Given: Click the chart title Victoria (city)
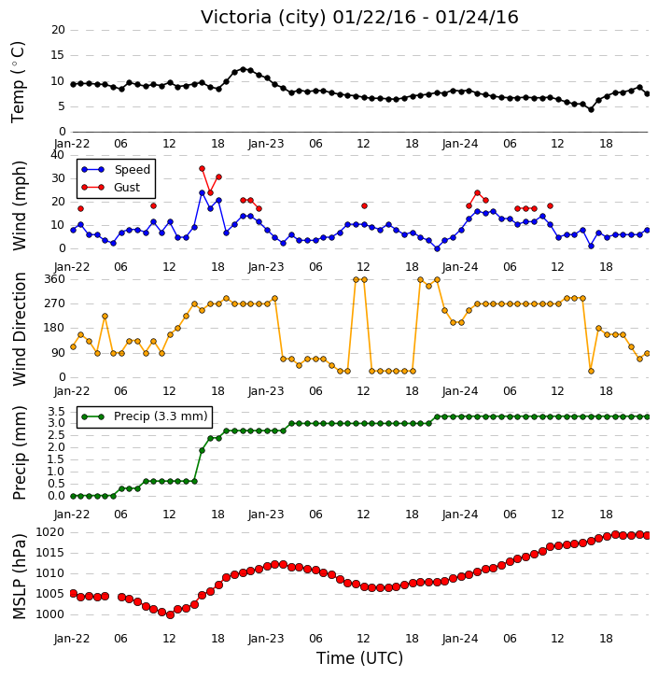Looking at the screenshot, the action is click(x=263, y=18).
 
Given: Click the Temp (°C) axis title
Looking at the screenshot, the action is click(x=18, y=82).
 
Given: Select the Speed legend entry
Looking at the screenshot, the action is click(x=116, y=170).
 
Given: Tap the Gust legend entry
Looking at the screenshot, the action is click(x=111, y=188).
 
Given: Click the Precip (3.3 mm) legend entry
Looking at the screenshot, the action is click(x=145, y=416).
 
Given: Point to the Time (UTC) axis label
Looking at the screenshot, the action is click(x=359, y=658).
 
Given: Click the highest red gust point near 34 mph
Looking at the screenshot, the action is click(x=202, y=169).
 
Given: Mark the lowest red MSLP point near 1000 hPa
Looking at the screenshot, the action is click(x=170, y=614).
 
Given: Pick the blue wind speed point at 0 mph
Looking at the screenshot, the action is click(x=437, y=248).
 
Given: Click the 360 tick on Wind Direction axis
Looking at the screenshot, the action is click(x=55, y=279).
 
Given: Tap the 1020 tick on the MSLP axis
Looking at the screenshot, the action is click(x=49, y=532).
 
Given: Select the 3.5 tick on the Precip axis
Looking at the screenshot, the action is click(x=57, y=411).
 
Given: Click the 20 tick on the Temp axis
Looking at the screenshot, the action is click(x=58, y=30).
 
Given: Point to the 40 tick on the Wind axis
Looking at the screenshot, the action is click(x=57, y=155).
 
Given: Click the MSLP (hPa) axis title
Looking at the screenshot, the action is click(x=20, y=577).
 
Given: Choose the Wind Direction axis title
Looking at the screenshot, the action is click(x=20, y=329).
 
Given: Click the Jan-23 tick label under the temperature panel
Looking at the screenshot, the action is click(x=266, y=144).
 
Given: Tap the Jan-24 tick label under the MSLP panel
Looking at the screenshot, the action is click(x=460, y=638).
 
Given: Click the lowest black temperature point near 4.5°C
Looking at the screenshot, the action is click(x=591, y=109).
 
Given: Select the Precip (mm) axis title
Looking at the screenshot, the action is click(x=20, y=453).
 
